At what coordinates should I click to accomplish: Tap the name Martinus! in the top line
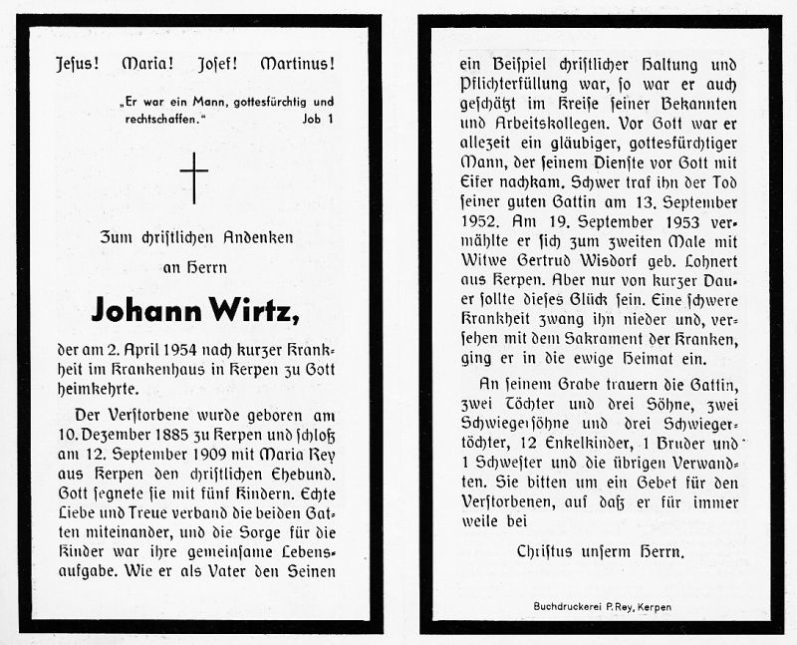click(x=297, y=64)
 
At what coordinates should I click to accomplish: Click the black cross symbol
click(x=194, y=177)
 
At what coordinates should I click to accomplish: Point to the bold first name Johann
click(x=145, y=311)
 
